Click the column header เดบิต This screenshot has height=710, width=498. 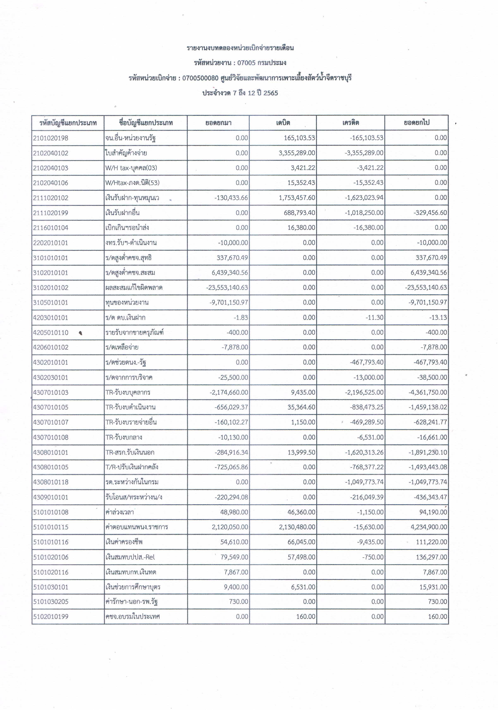(x=283, y=123)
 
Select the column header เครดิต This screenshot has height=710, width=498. (x=350, y=123)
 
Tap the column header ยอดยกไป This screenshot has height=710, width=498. (x=416, y=123)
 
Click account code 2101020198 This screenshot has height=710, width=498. (x=51, y=138)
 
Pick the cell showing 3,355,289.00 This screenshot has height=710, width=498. (x=297, y=153)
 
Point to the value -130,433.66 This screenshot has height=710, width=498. (x=231, y=198)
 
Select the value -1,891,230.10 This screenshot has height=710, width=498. (x=428, y=452)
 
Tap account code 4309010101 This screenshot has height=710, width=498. (x=51, y=497)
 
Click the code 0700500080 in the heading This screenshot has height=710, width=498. (x=200, y=78)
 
